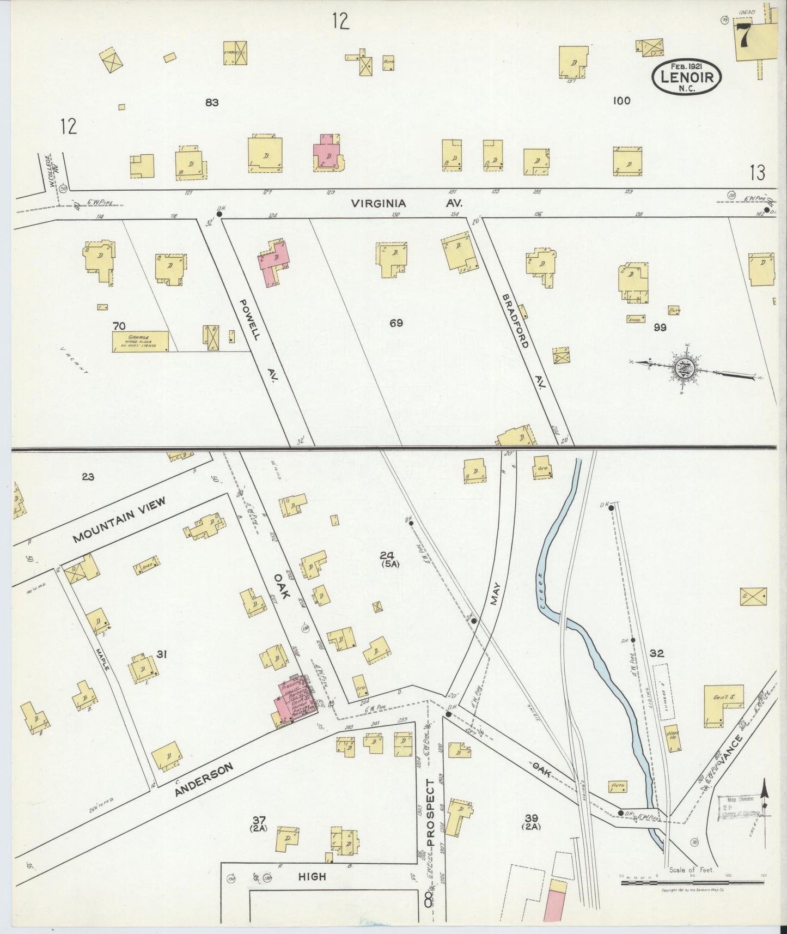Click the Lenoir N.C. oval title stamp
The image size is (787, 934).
click(x=686, y=77)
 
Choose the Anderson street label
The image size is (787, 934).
click(x=204, y=779)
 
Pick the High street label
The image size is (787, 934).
click(x=313, y=876)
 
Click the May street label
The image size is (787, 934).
click(x=495, y=593)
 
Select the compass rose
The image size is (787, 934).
click(x=683, y=369)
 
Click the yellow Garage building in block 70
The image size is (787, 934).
click(x=140, y=342)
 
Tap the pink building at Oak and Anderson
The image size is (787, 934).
click(x=296, y=698)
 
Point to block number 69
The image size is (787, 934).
click(x=396, y=323)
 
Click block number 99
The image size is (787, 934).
click(x=660, y=327)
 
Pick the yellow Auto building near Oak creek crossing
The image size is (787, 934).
click(x=618, y=786)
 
